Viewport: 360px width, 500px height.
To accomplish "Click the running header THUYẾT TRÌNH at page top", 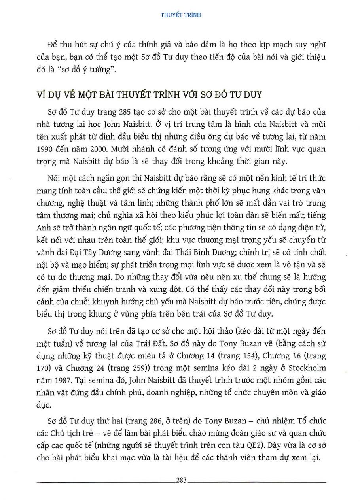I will tap(180, 15).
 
